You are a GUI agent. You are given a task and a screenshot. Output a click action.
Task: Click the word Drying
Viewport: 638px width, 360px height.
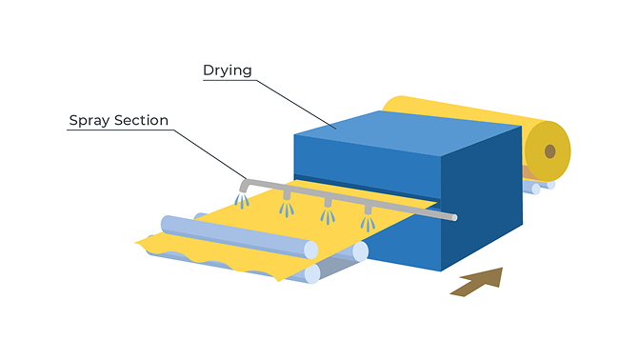point(227,70)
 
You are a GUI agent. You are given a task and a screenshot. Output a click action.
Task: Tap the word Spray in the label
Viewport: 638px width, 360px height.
point(90,121)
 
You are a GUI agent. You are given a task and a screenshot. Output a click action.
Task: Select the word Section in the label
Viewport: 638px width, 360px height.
point(141,120)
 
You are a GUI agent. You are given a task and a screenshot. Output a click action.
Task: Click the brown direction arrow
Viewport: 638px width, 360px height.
point(477,282)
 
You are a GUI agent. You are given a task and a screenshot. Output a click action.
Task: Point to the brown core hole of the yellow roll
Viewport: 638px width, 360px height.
point(550,151)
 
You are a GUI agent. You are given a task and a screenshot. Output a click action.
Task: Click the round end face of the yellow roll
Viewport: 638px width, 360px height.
point(548,151)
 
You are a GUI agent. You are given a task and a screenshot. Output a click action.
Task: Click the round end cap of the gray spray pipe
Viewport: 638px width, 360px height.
point(454,218)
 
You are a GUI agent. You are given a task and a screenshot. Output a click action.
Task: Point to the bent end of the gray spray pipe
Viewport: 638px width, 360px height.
point(245,186)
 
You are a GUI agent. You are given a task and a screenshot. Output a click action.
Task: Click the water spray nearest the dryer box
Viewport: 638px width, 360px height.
point(368,224)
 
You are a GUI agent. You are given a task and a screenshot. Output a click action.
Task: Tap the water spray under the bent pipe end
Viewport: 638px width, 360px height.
point(242,201)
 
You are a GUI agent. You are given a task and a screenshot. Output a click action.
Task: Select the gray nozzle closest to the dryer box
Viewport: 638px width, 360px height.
point(368,210)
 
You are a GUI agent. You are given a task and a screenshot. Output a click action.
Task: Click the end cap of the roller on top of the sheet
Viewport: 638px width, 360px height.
point(310,250)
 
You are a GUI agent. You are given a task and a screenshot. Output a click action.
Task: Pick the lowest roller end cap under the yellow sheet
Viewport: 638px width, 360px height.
point(312,273)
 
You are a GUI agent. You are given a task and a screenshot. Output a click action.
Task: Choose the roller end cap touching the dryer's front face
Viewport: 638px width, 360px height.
point(361,251)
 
